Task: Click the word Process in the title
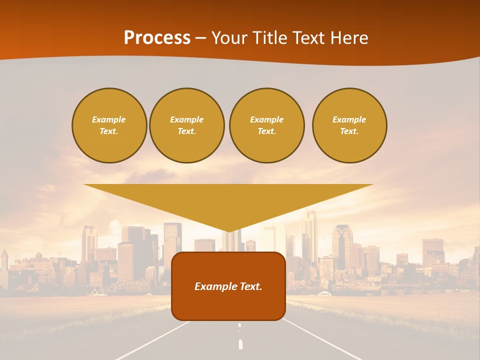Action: click(157, 38)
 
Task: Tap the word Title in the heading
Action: click(269, 38)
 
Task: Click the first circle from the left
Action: click(109, 125)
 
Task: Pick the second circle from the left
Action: click(187, 125)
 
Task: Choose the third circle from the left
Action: click(267, 125)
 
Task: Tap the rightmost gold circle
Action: click(349, 125)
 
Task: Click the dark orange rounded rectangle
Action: click(228, 305)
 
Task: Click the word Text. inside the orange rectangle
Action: click(251, 286)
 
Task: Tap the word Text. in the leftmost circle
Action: click(109, 131)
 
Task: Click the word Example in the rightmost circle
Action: click(349, 119)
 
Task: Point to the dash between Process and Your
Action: click(201, 38)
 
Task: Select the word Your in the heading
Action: click(229, 38)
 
